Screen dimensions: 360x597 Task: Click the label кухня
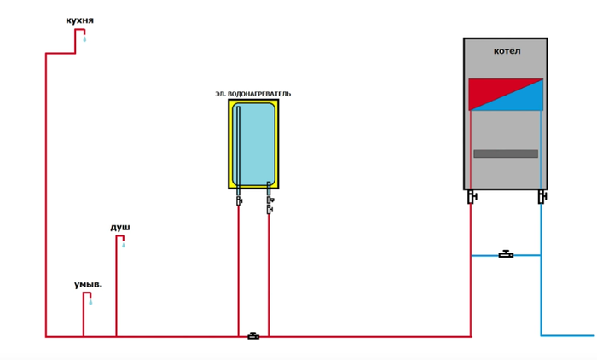(80, 19)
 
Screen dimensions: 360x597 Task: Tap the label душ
(120, 227)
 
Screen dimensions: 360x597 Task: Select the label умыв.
(88, 284)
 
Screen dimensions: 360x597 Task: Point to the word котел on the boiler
(507, 51)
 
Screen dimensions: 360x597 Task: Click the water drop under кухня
(84, 38)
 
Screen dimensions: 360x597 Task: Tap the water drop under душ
(124, 245)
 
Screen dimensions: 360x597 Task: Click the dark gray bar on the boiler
(506, 154)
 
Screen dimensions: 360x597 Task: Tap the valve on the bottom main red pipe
(253, 335)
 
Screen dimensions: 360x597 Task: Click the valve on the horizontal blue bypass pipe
(506, 254)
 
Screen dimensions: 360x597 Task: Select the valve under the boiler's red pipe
(472, 198)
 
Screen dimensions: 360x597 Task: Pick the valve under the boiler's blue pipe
(541, 198)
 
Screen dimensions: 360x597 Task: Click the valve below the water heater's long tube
(239, 200)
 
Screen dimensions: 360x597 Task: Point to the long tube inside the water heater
(239, 145)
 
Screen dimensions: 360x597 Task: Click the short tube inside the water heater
(269, 186)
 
